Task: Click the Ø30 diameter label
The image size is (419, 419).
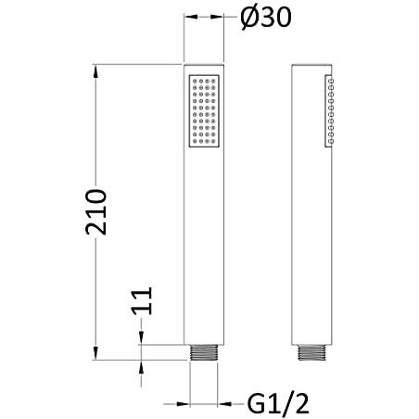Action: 266,18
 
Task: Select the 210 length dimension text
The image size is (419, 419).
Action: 96,212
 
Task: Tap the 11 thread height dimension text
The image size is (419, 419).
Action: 143,300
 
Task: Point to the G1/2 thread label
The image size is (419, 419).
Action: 278,403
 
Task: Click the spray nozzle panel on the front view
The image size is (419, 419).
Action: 204,110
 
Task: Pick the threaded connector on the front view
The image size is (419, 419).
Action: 204,352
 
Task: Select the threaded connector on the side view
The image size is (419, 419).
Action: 311,352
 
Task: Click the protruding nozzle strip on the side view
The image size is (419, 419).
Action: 329,110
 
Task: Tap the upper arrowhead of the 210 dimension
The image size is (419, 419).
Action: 95,71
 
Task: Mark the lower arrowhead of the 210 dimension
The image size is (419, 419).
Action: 95,353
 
